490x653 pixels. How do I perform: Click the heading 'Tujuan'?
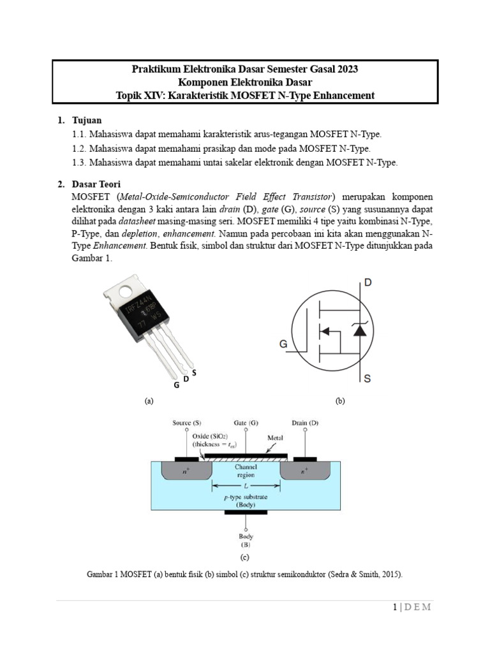pos(87,120)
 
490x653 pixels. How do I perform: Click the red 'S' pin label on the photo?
pos(193,372)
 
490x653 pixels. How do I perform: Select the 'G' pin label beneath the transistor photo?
pos(176,385)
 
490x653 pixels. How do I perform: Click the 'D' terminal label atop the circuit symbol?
pos(367,281)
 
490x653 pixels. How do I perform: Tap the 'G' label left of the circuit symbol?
pos(283,344)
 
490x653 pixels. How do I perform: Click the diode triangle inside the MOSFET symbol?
pos(360,330)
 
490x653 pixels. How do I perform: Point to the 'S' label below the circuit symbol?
pos(367,379)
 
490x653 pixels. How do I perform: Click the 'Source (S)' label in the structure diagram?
pos(187,422)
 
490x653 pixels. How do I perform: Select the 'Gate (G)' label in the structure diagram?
pos(246,422)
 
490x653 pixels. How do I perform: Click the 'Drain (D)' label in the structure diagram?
pos(304,422)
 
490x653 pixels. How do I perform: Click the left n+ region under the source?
pos(186,471)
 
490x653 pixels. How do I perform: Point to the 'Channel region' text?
pos(246,471)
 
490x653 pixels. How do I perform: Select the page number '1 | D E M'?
pos(412,606)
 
